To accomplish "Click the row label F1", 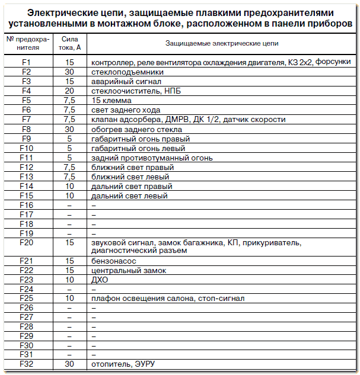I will tap(26, 62).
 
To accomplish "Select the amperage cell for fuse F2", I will tap(69, 72).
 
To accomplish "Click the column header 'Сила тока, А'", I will tap(69, 43).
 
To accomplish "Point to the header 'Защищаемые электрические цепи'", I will tap(221, 43).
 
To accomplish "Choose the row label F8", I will tap(26, 129).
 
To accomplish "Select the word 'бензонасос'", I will tap(111, 261).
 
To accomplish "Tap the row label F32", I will tap(26, 364).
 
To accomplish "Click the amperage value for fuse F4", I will tap(69, 91).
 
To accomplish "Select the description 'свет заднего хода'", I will tap(126, 110).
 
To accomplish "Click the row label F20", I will tap(26, 242).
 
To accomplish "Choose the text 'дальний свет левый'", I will tap(129, 195).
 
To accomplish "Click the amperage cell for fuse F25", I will tap(69, 298).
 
